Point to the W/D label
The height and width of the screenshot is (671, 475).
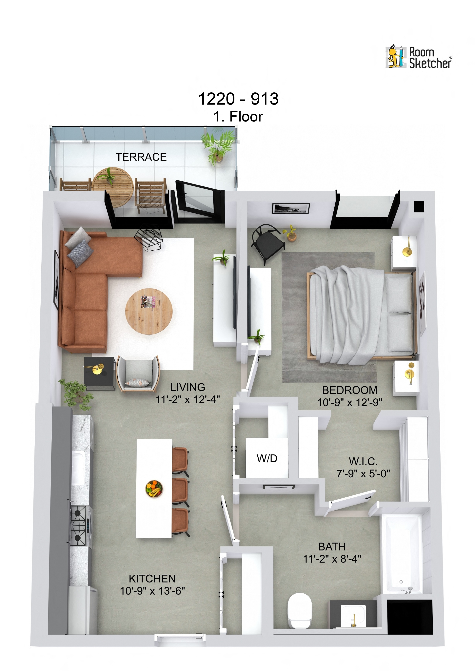(267, 458)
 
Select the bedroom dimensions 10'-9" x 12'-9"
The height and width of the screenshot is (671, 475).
(350, 402)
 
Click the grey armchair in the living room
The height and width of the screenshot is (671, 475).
(138, 374)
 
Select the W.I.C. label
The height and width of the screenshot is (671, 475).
(363, 461)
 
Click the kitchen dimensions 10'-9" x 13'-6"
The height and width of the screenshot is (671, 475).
(152, 591)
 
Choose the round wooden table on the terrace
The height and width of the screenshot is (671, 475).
(113, 184)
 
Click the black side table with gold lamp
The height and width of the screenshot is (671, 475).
(99, 373)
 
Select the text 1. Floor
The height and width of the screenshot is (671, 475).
(238, 117)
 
